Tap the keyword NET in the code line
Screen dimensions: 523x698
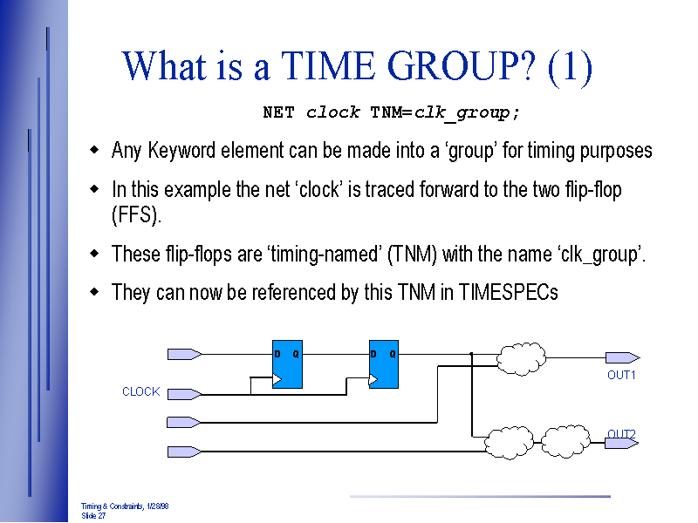pyautogui.click(x=278, y=112)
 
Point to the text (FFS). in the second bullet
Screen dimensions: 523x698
pyautogui.click(x=137, y=215)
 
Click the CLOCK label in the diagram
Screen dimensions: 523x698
pyautogui.click(x=140, y=392)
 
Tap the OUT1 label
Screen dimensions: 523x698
pyautogui.click(x=621, y=375)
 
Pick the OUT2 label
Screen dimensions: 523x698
pyautogui.click(x=621, y=433)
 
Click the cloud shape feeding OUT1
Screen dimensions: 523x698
pyautogui.click(x=521, y=356)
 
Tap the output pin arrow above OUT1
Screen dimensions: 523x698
pyautogui.click(x=623, y=357)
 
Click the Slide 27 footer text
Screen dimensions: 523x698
pyautogui.click(x=93, y=516)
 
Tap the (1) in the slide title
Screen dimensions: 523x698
pyautogui.click(x=571, y=67)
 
